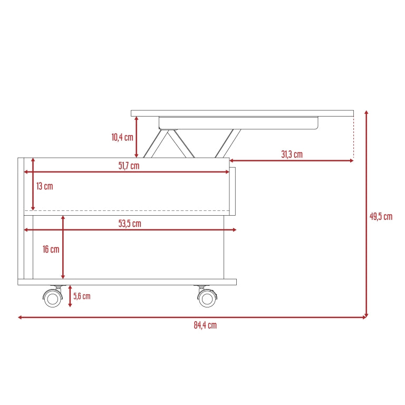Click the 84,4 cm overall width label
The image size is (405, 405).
[205, 325]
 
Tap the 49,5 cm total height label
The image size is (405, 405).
[381, 216]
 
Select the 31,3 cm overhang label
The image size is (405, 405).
[292, 154]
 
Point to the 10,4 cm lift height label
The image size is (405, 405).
[122, 137]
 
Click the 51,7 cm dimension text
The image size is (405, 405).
[129, 166]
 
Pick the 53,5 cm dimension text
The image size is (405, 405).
[130, 224]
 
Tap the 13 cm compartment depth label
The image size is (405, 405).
[45, 186]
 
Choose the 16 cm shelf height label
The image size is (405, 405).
[51, 249]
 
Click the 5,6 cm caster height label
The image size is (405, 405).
[82, 296]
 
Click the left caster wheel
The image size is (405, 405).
[53, 298]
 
